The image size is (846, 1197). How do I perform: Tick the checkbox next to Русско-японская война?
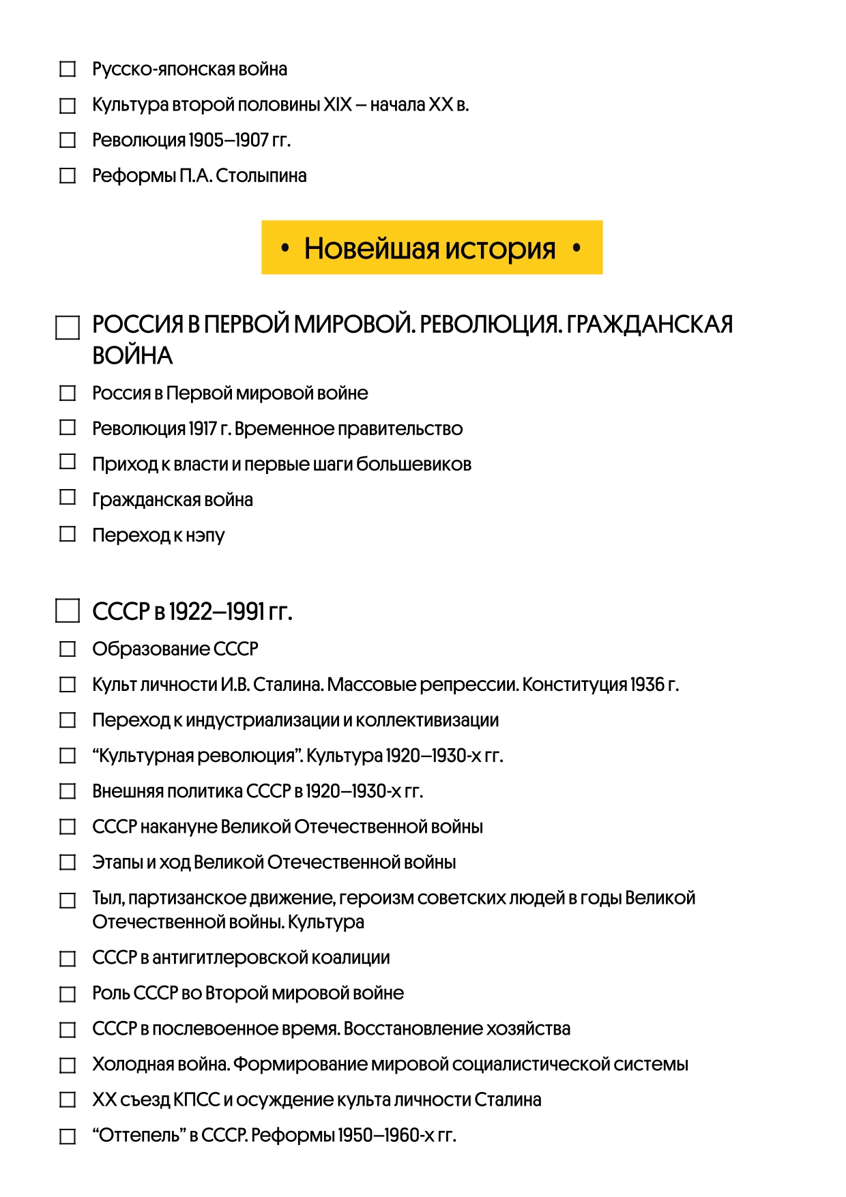click(68, 70)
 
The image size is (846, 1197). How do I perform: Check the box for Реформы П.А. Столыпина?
click(68, 176)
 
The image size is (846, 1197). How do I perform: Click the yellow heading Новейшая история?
click(431, 248)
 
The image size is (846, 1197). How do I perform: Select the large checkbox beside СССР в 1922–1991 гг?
click(67, 611)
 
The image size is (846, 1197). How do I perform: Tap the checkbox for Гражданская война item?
click(68, 498)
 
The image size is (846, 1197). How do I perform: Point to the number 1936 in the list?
click(647, 685)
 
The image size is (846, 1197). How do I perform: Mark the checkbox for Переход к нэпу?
click(68, 534)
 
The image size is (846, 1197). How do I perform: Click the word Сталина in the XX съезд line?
click(508, 1100)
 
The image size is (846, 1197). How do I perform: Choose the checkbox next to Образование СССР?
click(68, 649)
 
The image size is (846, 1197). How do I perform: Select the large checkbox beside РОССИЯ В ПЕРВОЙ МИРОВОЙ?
click(67, 328)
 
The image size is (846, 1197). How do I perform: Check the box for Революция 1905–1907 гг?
click(68, 141)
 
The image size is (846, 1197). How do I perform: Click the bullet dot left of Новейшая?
click(285, 248)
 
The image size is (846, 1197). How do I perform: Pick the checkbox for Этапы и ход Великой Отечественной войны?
click(68, 863)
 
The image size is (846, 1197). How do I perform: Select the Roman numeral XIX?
click(337, 105)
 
